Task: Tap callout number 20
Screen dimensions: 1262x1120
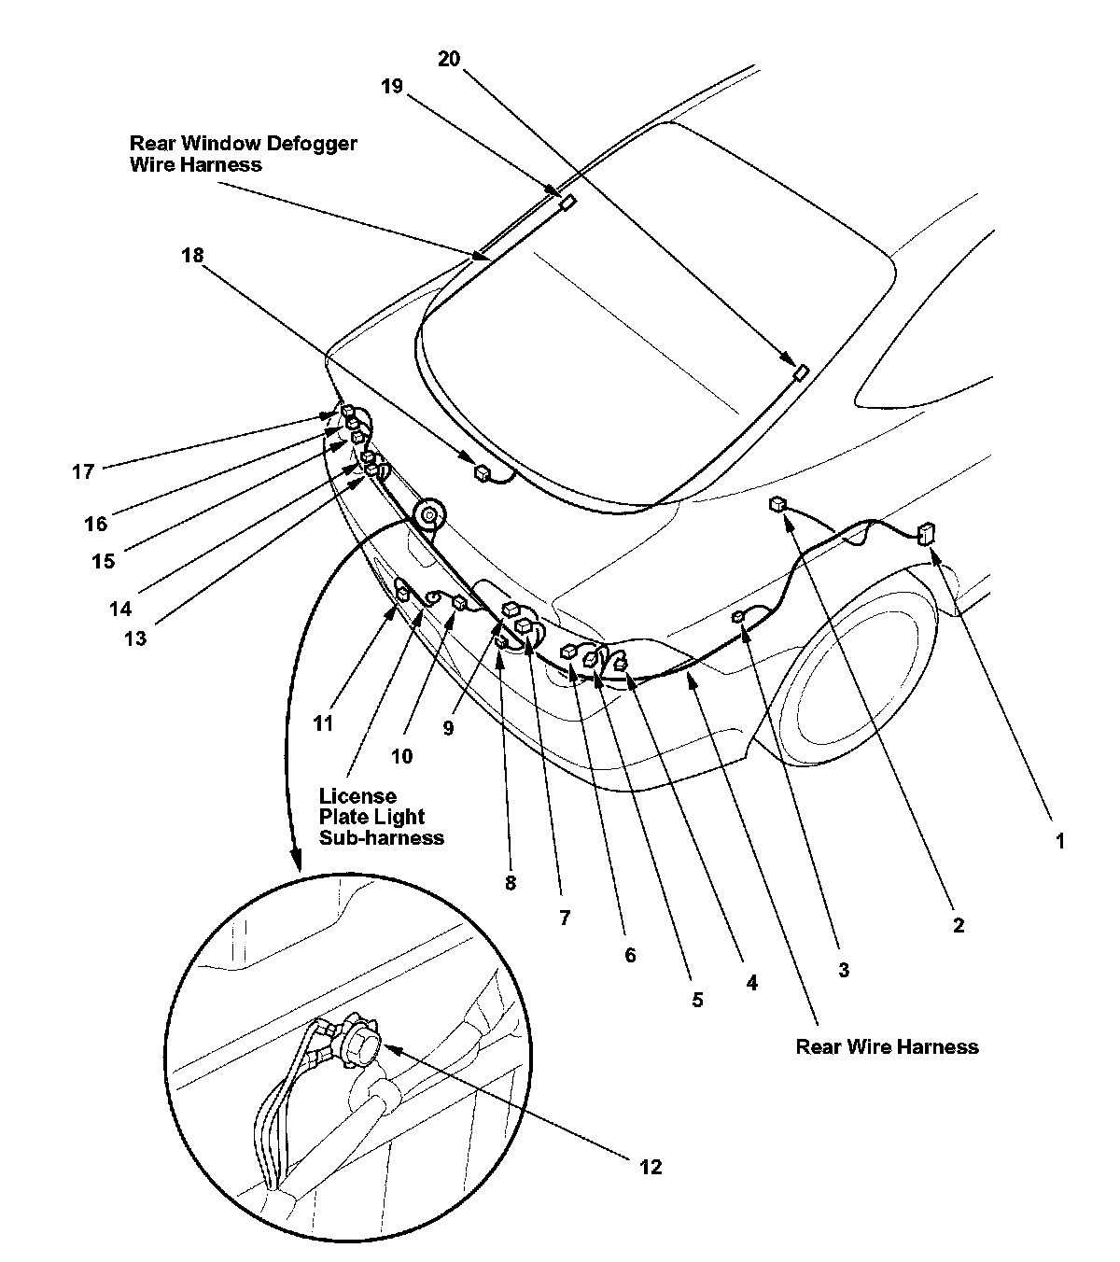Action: click(449, 59)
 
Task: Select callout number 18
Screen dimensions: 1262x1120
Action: click(192, 255)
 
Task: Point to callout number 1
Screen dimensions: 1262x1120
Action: click(1059, 840)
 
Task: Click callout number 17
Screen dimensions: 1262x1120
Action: click(83, 471)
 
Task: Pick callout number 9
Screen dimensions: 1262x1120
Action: click(448, 727)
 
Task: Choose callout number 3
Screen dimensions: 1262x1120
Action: click(843, 970)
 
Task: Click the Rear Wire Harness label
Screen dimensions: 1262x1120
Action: click(887, 1046)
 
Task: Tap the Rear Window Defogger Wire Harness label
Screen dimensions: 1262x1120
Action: click(243, 154)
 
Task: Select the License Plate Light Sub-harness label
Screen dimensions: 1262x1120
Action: click(381, 817)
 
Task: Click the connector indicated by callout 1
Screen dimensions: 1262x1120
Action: click(927, 534)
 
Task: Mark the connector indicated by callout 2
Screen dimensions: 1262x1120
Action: click(776, 504)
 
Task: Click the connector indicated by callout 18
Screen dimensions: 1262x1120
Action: click(482, 473)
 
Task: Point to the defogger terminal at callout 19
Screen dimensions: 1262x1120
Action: click(567, 201)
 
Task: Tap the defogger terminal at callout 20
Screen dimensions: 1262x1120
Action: click(800, 372)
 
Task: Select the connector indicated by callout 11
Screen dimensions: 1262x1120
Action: click(404, 592)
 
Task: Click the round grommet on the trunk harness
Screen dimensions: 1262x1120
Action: click(431, 513)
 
